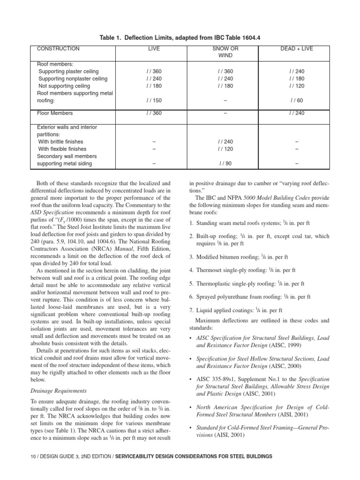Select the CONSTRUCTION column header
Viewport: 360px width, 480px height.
[58, 49]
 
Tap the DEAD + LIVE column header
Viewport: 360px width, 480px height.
[297, 49]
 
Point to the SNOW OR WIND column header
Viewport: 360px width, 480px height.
[225, 52]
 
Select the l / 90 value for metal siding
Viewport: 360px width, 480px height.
[225, 164]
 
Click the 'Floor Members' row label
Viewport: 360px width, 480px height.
[55, 113]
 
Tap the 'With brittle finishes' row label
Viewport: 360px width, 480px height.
[61, 142]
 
